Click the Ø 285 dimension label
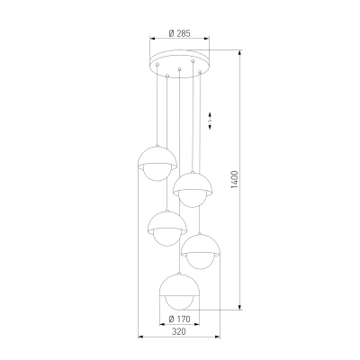click(179, 33)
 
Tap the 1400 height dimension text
click(234, 180)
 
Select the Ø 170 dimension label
click(179, 319)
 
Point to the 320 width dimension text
click(179, 331)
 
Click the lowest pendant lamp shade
click(179, 285)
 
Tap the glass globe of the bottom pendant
click(179, 302)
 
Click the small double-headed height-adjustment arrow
click(210, 121)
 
